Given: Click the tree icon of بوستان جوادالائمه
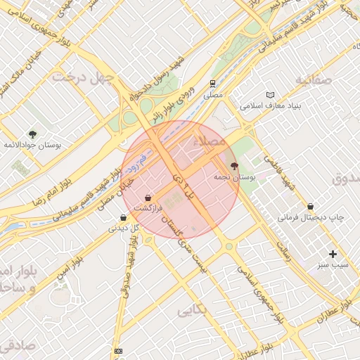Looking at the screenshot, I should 32,134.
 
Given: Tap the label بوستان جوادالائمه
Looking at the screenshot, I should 33,145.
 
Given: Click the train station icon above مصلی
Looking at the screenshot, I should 212,82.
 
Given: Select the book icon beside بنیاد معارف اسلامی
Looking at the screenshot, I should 271,95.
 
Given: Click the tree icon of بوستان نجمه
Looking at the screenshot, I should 234,166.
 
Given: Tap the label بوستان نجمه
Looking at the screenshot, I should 238,178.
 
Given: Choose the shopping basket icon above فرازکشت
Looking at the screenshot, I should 148,198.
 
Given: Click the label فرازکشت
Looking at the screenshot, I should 148,210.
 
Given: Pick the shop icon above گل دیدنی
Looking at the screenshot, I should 124,218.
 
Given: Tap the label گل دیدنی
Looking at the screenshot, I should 124,229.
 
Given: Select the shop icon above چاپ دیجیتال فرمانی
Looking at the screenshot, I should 311,207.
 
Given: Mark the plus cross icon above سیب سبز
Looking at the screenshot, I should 333,254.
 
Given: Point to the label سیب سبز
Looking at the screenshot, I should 332,265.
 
